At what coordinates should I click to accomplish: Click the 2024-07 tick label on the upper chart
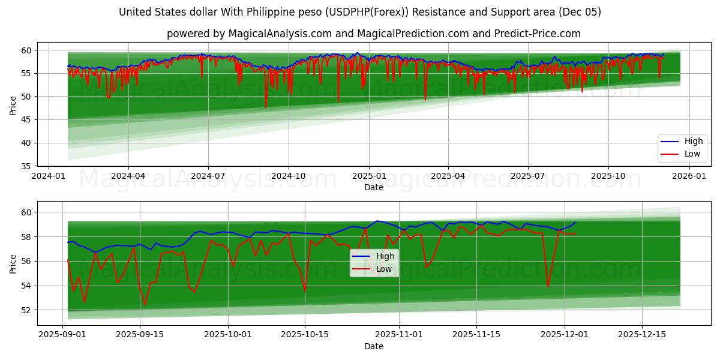[208, 176]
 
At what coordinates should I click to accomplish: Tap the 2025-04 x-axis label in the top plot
[448, 176]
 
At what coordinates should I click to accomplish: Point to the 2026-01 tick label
[688, 176]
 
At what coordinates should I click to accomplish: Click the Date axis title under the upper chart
[373, 187]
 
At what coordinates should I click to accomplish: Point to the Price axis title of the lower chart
[13, 263]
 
